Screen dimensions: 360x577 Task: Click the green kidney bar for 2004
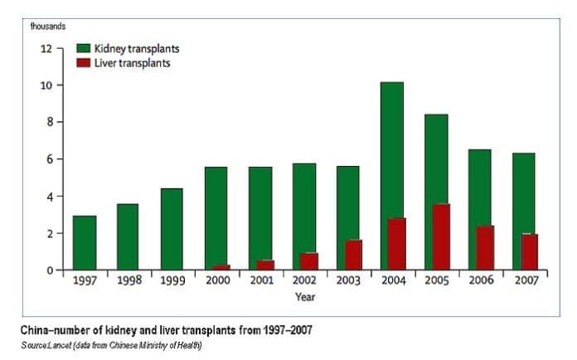(x=392, y=149)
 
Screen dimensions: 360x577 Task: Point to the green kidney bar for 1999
(x=172, y=229)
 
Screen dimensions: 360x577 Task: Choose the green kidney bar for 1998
(x=128, y=236)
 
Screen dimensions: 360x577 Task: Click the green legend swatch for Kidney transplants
(x=84, y=49)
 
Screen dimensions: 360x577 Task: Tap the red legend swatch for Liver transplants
(x=84, y=63)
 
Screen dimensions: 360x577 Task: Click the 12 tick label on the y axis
(x=46, y=48)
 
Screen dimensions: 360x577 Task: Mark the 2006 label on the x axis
(x=480, y=281)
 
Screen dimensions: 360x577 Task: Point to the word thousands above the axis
(x=47, y=26)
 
